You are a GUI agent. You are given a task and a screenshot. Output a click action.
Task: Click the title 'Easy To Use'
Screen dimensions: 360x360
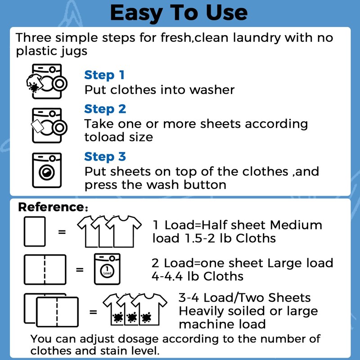click(179, 13)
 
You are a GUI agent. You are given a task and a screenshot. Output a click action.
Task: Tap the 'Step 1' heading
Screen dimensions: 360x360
click(104, 75)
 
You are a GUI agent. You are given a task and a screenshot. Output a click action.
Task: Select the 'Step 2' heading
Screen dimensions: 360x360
click(105, 109)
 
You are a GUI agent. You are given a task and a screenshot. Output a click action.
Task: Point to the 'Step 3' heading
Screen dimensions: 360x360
click(105, 157)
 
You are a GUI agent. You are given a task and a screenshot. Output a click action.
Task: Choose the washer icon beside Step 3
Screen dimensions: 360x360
click(46, 171)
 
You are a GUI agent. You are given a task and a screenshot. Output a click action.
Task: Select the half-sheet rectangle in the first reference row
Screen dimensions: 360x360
click(34, 231)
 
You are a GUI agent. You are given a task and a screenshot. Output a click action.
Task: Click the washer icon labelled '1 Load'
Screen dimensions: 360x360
click(107, 270)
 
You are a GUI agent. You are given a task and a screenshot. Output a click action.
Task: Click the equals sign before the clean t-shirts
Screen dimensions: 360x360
click(62, 232)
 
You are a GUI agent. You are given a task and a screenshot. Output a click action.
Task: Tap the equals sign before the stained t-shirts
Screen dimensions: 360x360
click(93, 311)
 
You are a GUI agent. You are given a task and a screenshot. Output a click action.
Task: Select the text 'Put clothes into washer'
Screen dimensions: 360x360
click(159, 90)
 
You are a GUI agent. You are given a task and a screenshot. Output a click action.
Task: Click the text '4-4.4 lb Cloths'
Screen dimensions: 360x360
click(198, 276)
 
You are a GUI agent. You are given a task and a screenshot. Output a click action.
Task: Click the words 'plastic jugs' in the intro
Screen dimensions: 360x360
click(52, 51)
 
